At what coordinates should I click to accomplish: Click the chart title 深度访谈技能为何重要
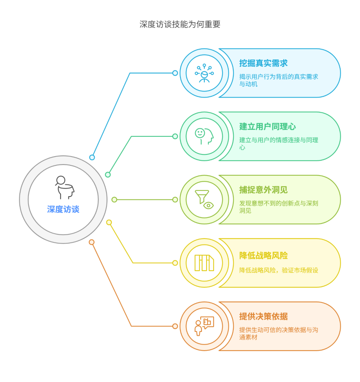180,24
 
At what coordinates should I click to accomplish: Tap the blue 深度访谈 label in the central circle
63,209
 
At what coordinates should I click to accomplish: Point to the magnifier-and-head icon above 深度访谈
65,187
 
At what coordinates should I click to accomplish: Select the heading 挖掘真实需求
263,63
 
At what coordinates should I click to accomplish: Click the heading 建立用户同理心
268,127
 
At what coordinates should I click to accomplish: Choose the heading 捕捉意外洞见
263,190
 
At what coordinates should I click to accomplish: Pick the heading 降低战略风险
263,256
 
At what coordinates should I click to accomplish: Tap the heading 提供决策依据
263,316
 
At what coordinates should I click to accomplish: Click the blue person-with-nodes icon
204,73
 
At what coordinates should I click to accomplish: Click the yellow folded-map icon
204,263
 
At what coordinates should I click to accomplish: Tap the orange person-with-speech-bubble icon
204,326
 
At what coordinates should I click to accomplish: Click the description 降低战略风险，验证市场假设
279,270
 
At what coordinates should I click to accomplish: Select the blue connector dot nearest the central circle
92,157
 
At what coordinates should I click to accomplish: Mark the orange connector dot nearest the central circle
92,242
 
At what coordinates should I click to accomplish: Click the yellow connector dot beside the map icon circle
175,263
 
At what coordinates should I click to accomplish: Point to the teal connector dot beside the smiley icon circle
175,136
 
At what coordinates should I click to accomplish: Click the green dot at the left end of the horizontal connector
114,200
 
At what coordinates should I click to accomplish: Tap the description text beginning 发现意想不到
279,207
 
